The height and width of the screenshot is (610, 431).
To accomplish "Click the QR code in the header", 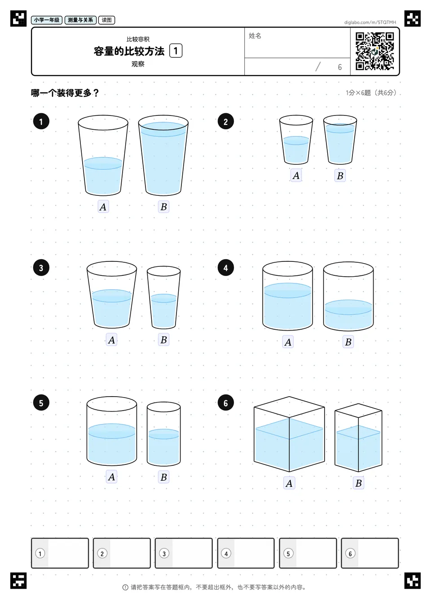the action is (x=375, y=51).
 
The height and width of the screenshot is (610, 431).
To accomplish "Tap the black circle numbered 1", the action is (x=41, y=121).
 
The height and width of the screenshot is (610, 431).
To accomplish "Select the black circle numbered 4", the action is (x=225, y=268).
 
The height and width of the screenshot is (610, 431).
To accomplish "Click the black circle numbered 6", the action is (x=225, y=403).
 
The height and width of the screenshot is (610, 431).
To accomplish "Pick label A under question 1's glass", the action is (x=103, y=207).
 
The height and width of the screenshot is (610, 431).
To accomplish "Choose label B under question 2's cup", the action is (x=340, y=176).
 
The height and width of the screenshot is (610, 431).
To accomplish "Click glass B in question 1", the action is (x=163, y=155).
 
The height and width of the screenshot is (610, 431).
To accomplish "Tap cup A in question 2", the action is (x=296, y=140).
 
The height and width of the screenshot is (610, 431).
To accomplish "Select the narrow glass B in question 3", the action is (x=163, y=297).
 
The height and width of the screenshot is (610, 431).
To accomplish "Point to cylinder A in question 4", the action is (x=288, y=296).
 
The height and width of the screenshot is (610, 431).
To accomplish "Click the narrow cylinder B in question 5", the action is (x=163, y=434).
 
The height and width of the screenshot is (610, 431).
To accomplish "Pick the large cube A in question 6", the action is (x=289, y=434).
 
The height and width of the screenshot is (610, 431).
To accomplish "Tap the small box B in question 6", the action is (x=358, y=438).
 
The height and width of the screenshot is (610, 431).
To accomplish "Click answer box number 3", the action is (x=184, y=553).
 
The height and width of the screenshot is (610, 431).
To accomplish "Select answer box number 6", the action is (x=370, y=553).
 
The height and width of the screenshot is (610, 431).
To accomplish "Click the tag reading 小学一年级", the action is (x=47, y=20).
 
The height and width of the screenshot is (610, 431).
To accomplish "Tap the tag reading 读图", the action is (x=106, y=20).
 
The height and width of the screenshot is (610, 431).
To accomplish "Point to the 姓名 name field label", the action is (x=255, y=35).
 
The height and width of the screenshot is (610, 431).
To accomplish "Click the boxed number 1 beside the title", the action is (x=176, y=51).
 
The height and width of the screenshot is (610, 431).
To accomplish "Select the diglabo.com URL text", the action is (x=370, y=22).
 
